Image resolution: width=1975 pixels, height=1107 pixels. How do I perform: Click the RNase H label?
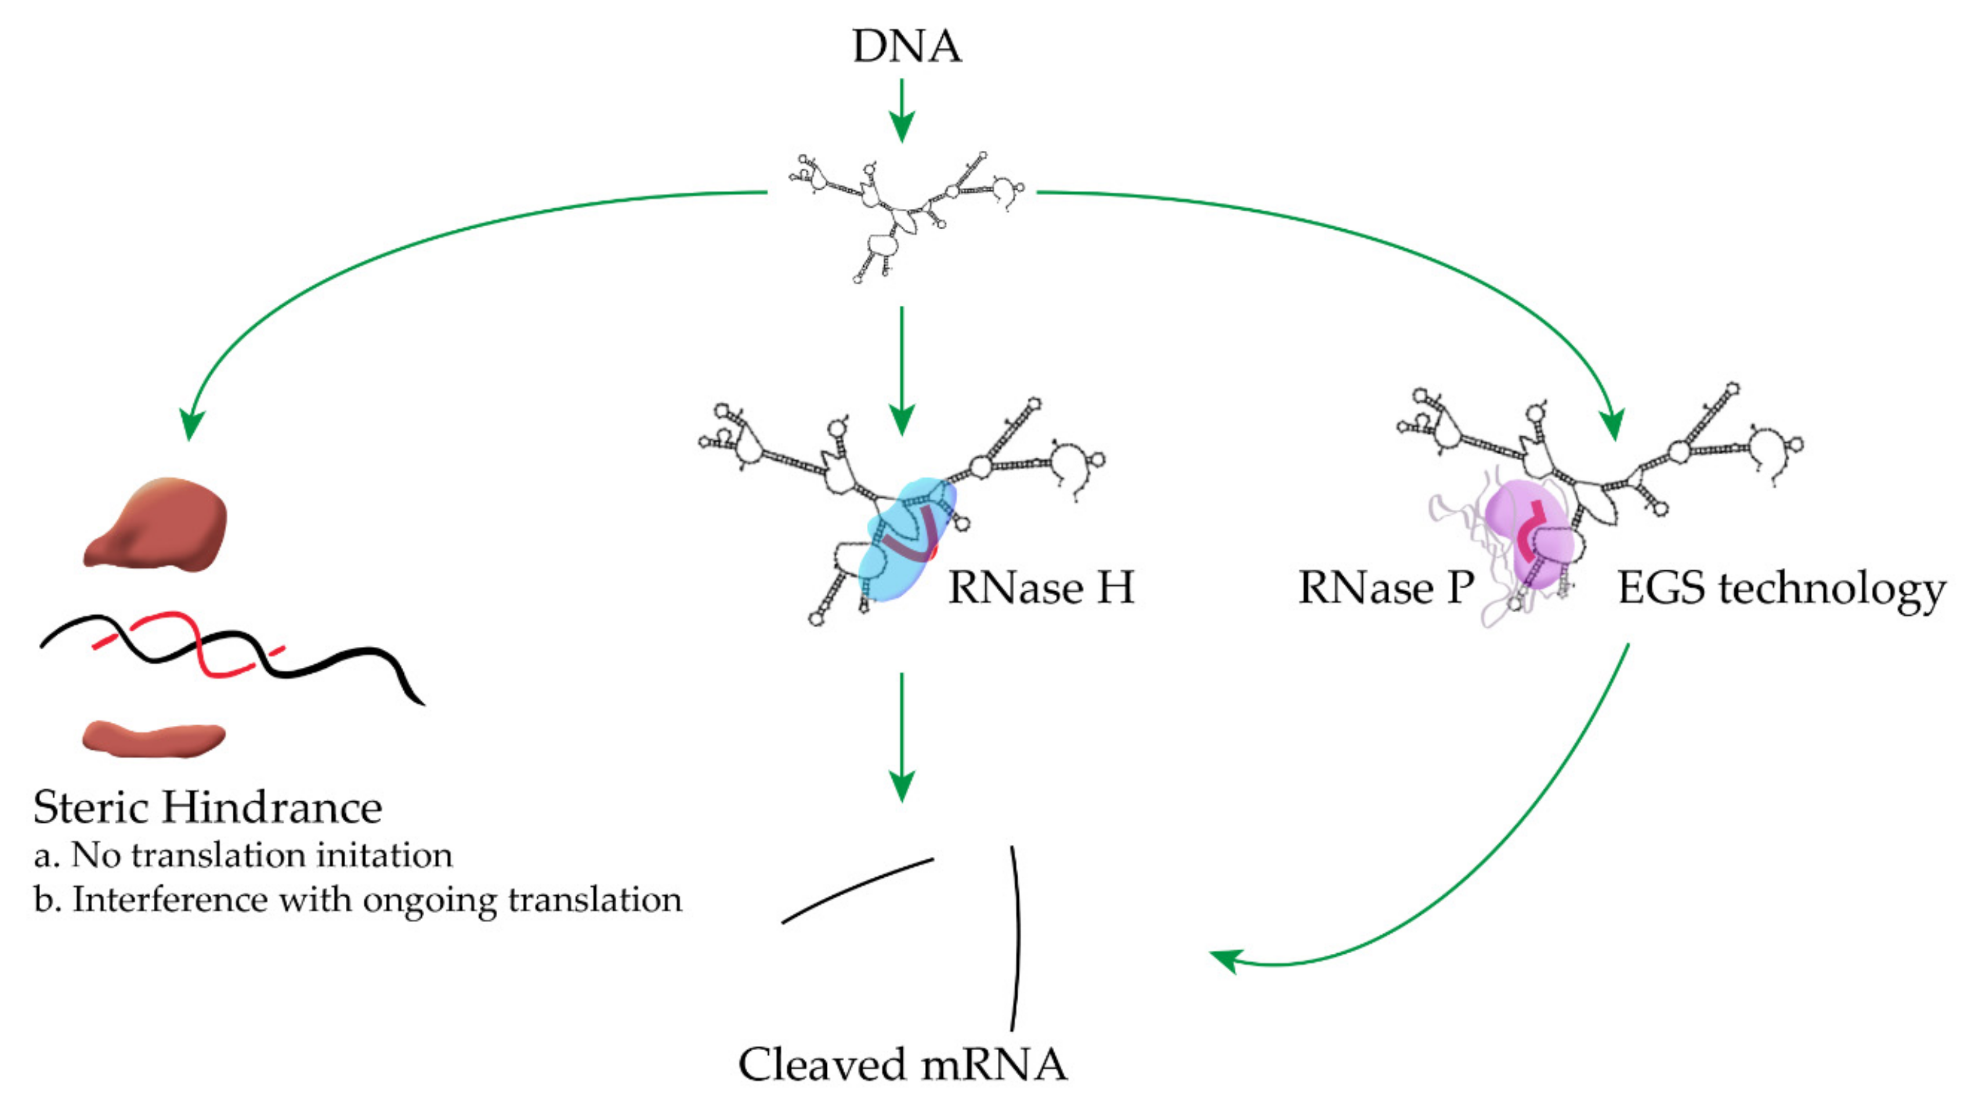[x=1040, y=588]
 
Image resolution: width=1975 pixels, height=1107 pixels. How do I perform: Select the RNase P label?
[x=1386, y=588]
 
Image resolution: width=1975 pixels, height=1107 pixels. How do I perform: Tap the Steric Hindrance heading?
[x=207, y=807]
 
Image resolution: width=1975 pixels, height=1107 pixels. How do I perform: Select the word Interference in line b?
[x=169, y=899]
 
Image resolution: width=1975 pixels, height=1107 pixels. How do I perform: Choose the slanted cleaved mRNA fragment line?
[x=857, y=890]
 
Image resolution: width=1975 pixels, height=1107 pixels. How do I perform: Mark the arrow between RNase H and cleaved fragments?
[x=902, y=736]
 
